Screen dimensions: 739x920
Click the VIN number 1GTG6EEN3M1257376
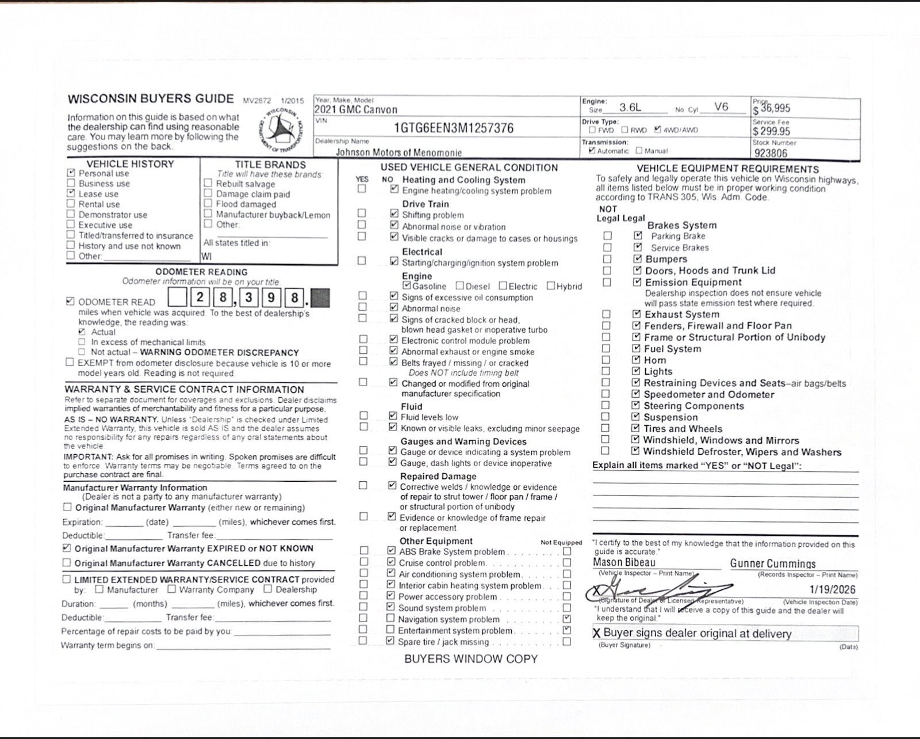coord(453,128)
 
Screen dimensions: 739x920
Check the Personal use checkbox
coord(71,173)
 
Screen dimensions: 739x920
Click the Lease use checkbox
coord(71,193)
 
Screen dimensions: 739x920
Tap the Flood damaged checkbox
coord(208,204)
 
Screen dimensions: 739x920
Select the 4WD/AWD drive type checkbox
coord(658,129)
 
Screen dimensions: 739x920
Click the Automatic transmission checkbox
coord(592,151)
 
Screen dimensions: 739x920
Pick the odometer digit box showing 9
coord(271,298)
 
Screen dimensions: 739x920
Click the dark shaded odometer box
coord(320,298)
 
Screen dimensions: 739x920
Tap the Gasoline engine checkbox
coord(407,285)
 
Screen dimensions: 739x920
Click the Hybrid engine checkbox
coord(551,285)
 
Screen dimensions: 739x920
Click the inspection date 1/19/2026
coord(832,589)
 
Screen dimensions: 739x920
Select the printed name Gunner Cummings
coord(773,564)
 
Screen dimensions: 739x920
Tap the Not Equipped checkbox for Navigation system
coord(567,619)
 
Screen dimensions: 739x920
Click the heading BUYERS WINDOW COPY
coord(470,659)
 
